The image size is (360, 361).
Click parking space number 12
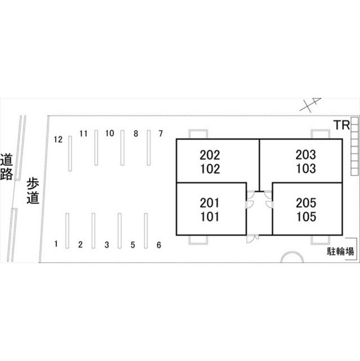[x=58, y=139]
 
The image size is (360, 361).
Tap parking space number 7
[x=161, y=133]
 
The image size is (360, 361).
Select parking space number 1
[x=56, y=244]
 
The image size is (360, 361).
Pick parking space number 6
[x=159, y=245]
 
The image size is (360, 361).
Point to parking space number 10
[x=110, y=133]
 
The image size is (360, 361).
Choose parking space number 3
[x=106, y=245]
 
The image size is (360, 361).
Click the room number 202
[x=210, y=155]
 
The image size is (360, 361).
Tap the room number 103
[x=306, y=169]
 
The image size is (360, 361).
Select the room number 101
[x=210, y=217]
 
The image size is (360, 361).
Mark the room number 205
[x=306, y=203]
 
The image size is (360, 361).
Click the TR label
[x=342, y=125]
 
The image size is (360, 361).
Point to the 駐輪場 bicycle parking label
[x=340, y=252]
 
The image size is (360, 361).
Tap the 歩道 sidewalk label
[x=33, y=191]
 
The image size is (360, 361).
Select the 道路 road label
[x=6, y=166]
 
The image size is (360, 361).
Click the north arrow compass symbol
[x=310, y=104]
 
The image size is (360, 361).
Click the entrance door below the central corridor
[x=252, y=238]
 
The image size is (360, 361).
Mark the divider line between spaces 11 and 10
[x=96, y=148]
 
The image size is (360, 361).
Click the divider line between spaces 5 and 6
[x=146, y=231]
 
